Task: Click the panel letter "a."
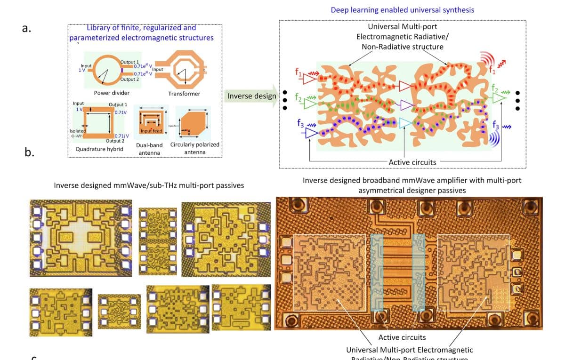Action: (26, 28)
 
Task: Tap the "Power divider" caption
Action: (109, 93)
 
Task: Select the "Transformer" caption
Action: (184, 94)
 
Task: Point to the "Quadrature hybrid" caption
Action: (99, 149)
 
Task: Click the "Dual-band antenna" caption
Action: (149, 149)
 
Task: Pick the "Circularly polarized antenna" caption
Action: (195, 148)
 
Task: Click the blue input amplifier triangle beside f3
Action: (312, 134)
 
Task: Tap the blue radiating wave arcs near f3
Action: (494, 139)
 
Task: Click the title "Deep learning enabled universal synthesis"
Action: (402, 10)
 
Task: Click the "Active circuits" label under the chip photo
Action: (402, 337)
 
